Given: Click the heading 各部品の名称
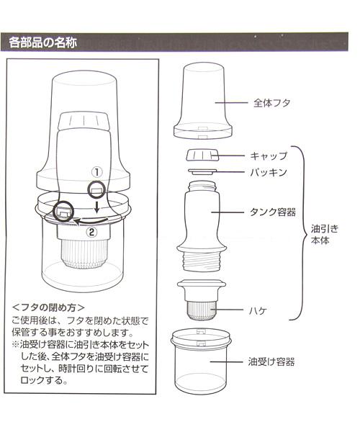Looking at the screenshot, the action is pyautogui.click(x=43, y=42).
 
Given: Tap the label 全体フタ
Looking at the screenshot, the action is pyautogui.click(x=272, y=103).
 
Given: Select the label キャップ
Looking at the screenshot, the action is pyautogui.click(x=269, y=156).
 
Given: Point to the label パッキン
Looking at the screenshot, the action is pyautogui.click(x=269, y=173).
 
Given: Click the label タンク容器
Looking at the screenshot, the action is pyautogui.click(x=273, y=212).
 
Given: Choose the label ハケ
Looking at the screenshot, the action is pyautogui.click(x=258, y=311).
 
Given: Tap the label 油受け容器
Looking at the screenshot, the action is pyautogui.click(x=271, y=361).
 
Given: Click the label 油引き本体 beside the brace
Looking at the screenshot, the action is pyautogui.click(x=325, y=235).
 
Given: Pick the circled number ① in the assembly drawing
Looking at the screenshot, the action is pyautogui.click(x=96, y=172).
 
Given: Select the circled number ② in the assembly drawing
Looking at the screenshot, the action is pyautogui.click(x=91, y=232).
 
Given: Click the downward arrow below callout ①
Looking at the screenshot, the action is pyautogui.click(x=96, y=207).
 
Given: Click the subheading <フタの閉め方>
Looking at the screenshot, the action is pyautogui.click(x=48, y=307).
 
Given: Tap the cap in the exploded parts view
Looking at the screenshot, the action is pyautogui.click(x=202, y=155).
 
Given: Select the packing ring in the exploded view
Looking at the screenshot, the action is pyautogui.click(x=202, y=172).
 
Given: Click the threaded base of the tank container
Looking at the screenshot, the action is pyautogui.click(x=202, y=261).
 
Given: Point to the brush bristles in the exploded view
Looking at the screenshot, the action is pyautogui.click(x=202, y=310).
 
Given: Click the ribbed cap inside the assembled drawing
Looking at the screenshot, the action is pyautogui.click(x=84, y=121).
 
